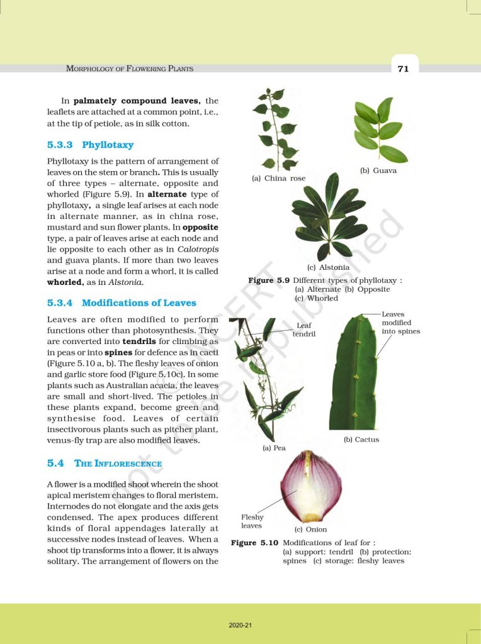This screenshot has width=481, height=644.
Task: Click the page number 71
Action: click(403, 69)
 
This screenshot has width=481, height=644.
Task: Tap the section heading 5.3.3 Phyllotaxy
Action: click(91, 145)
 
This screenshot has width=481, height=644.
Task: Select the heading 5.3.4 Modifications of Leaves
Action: click(122, 303)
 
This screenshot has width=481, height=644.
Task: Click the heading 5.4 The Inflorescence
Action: click(105, 464)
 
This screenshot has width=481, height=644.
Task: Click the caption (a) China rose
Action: click(278, 179)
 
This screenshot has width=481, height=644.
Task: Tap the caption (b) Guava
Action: click(378, 171)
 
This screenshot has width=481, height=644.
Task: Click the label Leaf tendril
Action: click(304, 330)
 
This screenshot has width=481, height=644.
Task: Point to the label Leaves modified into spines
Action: click(400, 322)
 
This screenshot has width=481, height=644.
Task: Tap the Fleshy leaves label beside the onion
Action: click(252, 521)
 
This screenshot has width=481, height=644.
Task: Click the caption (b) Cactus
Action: click(361, 440)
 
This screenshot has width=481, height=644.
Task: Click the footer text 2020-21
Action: click(241, 626)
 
